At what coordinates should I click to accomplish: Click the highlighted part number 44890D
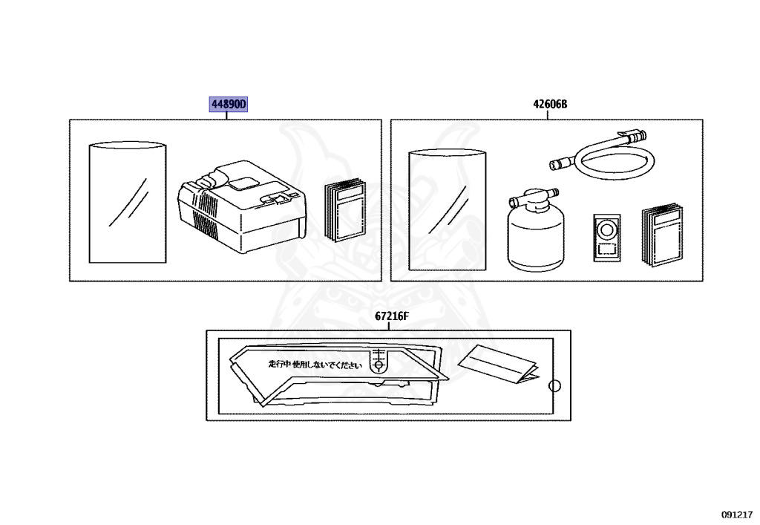(x=227, y=105)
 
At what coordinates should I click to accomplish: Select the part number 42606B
(x=549, y=105)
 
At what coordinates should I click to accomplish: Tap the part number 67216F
(x=392, y=316)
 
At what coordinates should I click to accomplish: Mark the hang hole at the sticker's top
(x=379, y=365)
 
